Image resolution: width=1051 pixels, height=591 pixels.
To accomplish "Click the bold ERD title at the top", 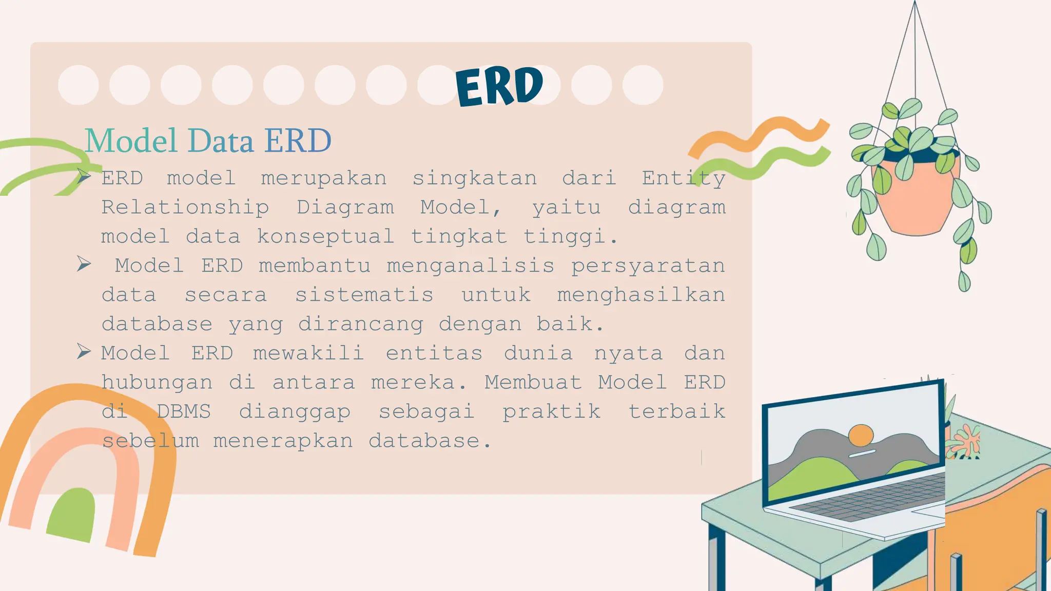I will (499, 86).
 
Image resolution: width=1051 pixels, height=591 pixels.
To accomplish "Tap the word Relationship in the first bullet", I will (185, 208).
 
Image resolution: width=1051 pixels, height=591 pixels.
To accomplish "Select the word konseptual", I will (325, 237).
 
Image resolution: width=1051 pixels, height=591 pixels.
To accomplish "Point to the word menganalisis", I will (470, 266).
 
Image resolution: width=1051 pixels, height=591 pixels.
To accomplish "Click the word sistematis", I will (364, 295).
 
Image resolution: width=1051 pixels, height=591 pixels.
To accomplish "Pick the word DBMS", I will (183, 411).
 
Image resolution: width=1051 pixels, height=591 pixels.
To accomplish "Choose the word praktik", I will (551, 411).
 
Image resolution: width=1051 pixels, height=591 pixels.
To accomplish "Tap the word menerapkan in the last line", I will (283, 441).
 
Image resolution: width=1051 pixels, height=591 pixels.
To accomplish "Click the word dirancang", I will (361, 324).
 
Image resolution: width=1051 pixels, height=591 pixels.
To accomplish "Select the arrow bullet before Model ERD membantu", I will (84, 264).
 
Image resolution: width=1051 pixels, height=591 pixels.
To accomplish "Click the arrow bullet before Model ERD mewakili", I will (84, 351).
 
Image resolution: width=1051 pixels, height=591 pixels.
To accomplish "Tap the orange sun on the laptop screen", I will (861, 435).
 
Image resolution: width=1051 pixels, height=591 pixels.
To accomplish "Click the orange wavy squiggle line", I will (760, 135).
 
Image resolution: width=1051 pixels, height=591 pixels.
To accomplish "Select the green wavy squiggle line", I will (770, 163).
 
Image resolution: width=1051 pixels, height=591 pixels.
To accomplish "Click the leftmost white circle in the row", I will (79, 85).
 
